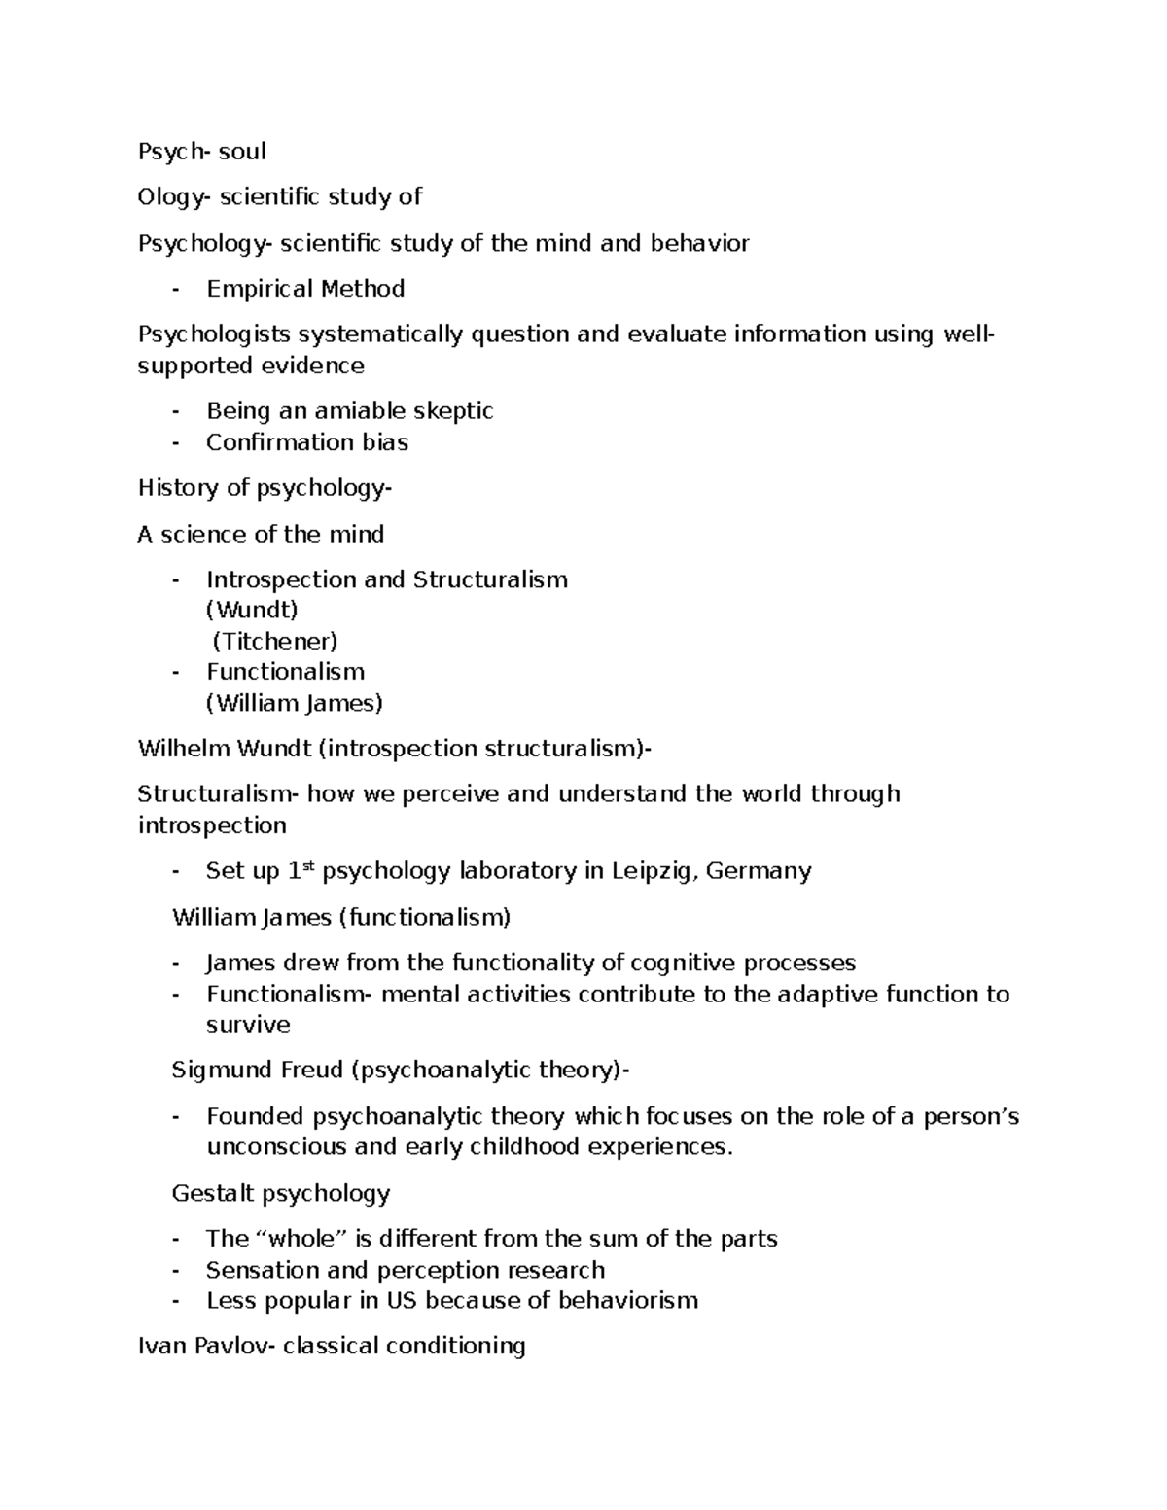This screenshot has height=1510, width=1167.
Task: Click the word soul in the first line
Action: pos(243,152)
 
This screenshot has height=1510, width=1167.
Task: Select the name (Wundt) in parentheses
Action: pos(252,611)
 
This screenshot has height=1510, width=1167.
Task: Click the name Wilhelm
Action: pos(180,749)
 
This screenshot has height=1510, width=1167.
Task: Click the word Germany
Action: pos(759,871)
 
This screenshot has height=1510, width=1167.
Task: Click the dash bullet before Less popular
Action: pos(175,1301)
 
